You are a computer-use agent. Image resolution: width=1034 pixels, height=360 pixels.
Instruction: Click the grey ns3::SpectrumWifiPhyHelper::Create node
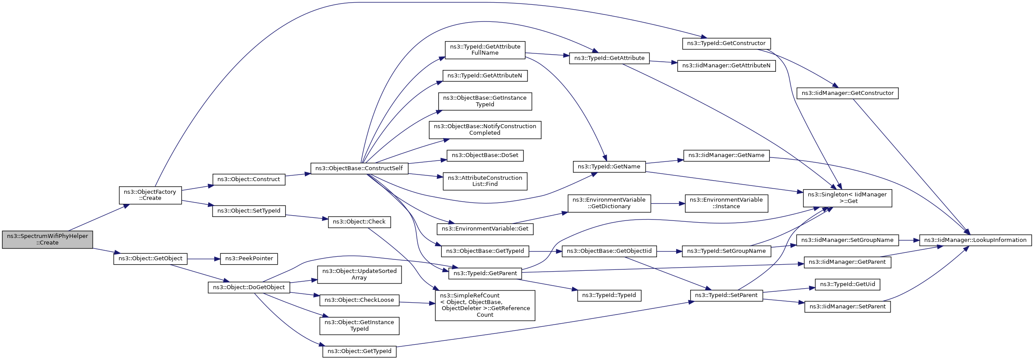[x=47, y=239]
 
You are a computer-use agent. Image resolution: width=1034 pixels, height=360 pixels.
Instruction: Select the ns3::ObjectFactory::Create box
[x=150, y=195]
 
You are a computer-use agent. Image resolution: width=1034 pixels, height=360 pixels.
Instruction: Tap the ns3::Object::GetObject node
[x=150, y=259]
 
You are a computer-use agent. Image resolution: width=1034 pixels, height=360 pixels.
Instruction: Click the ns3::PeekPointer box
[x=249, y=259]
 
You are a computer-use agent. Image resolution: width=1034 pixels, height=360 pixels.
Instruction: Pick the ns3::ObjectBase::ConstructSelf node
[x=359, y=168]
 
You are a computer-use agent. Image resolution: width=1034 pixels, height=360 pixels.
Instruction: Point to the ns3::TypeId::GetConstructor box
[x=726, y=43]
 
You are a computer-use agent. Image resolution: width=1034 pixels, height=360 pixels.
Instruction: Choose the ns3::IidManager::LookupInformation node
[x=975, y=240]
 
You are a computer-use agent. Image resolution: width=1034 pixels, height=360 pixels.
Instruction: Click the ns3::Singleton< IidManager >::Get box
[x=847, y=198]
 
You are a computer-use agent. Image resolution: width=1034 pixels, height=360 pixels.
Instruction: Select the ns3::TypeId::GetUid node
[x=848, y=284]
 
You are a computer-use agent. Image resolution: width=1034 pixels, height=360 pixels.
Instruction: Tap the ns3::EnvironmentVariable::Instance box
[x=726, y=203]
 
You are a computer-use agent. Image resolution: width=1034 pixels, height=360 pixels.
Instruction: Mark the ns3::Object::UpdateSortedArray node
[x=359, y=274]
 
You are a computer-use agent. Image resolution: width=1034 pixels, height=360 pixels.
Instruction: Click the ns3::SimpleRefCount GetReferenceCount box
[x=485, y=305]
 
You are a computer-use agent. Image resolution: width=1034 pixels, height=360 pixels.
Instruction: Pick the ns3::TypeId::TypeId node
[x=609, y=296]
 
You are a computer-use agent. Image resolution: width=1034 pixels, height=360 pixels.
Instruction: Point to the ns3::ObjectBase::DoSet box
[x=485, y=155]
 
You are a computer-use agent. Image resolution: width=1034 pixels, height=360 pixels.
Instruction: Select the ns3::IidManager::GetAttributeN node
[x=726, y=66]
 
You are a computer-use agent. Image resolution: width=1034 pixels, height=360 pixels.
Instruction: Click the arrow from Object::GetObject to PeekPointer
[x=204, y=259]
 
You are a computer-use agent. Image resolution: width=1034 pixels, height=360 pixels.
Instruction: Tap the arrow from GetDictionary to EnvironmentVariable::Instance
[x=668, y=203]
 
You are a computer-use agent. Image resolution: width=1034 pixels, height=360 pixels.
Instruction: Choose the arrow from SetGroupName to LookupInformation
[x=909, y=240]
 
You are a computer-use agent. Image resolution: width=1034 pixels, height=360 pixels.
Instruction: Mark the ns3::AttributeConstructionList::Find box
[x=485, y=181]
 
